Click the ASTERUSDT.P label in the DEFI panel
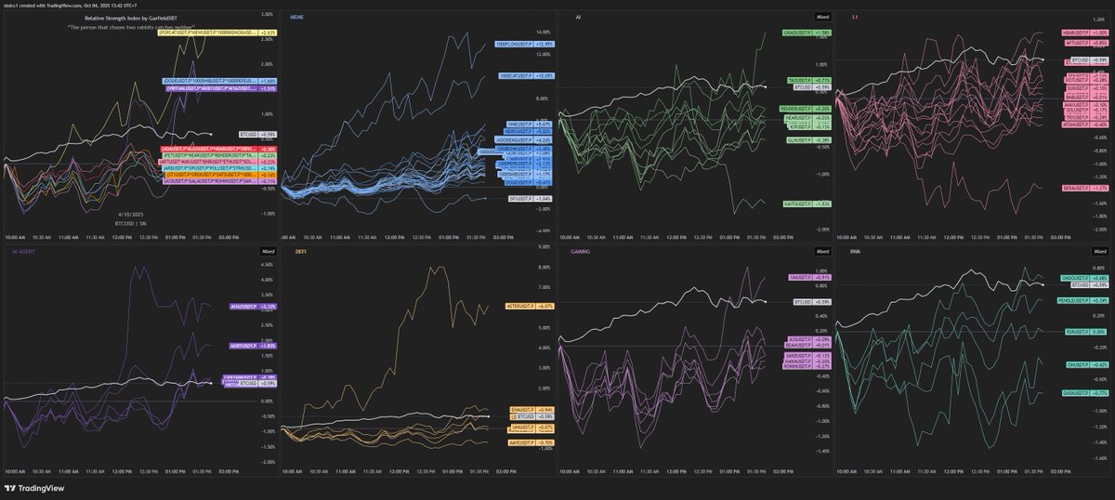(518, 306)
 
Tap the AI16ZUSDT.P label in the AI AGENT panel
(240, 306)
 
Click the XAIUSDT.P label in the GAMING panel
(797, 277)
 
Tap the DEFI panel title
(301, 251)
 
